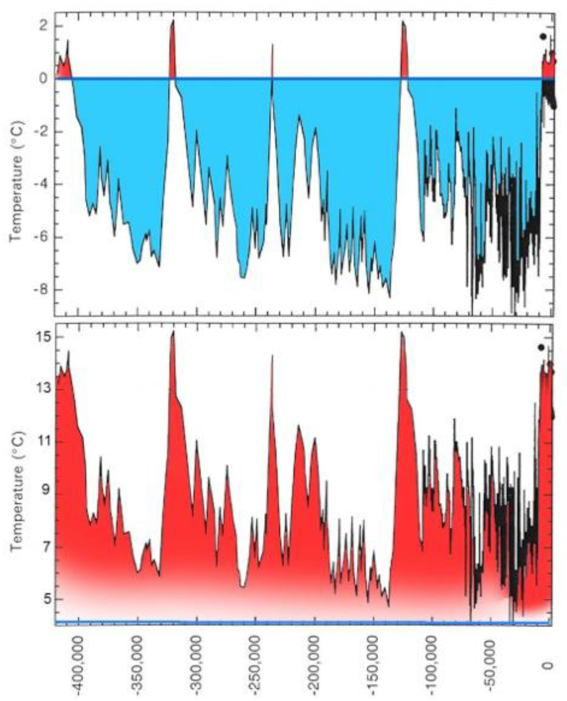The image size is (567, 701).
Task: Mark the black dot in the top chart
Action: pos(543,37)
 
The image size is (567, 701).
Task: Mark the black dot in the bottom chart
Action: pos(541,347)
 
